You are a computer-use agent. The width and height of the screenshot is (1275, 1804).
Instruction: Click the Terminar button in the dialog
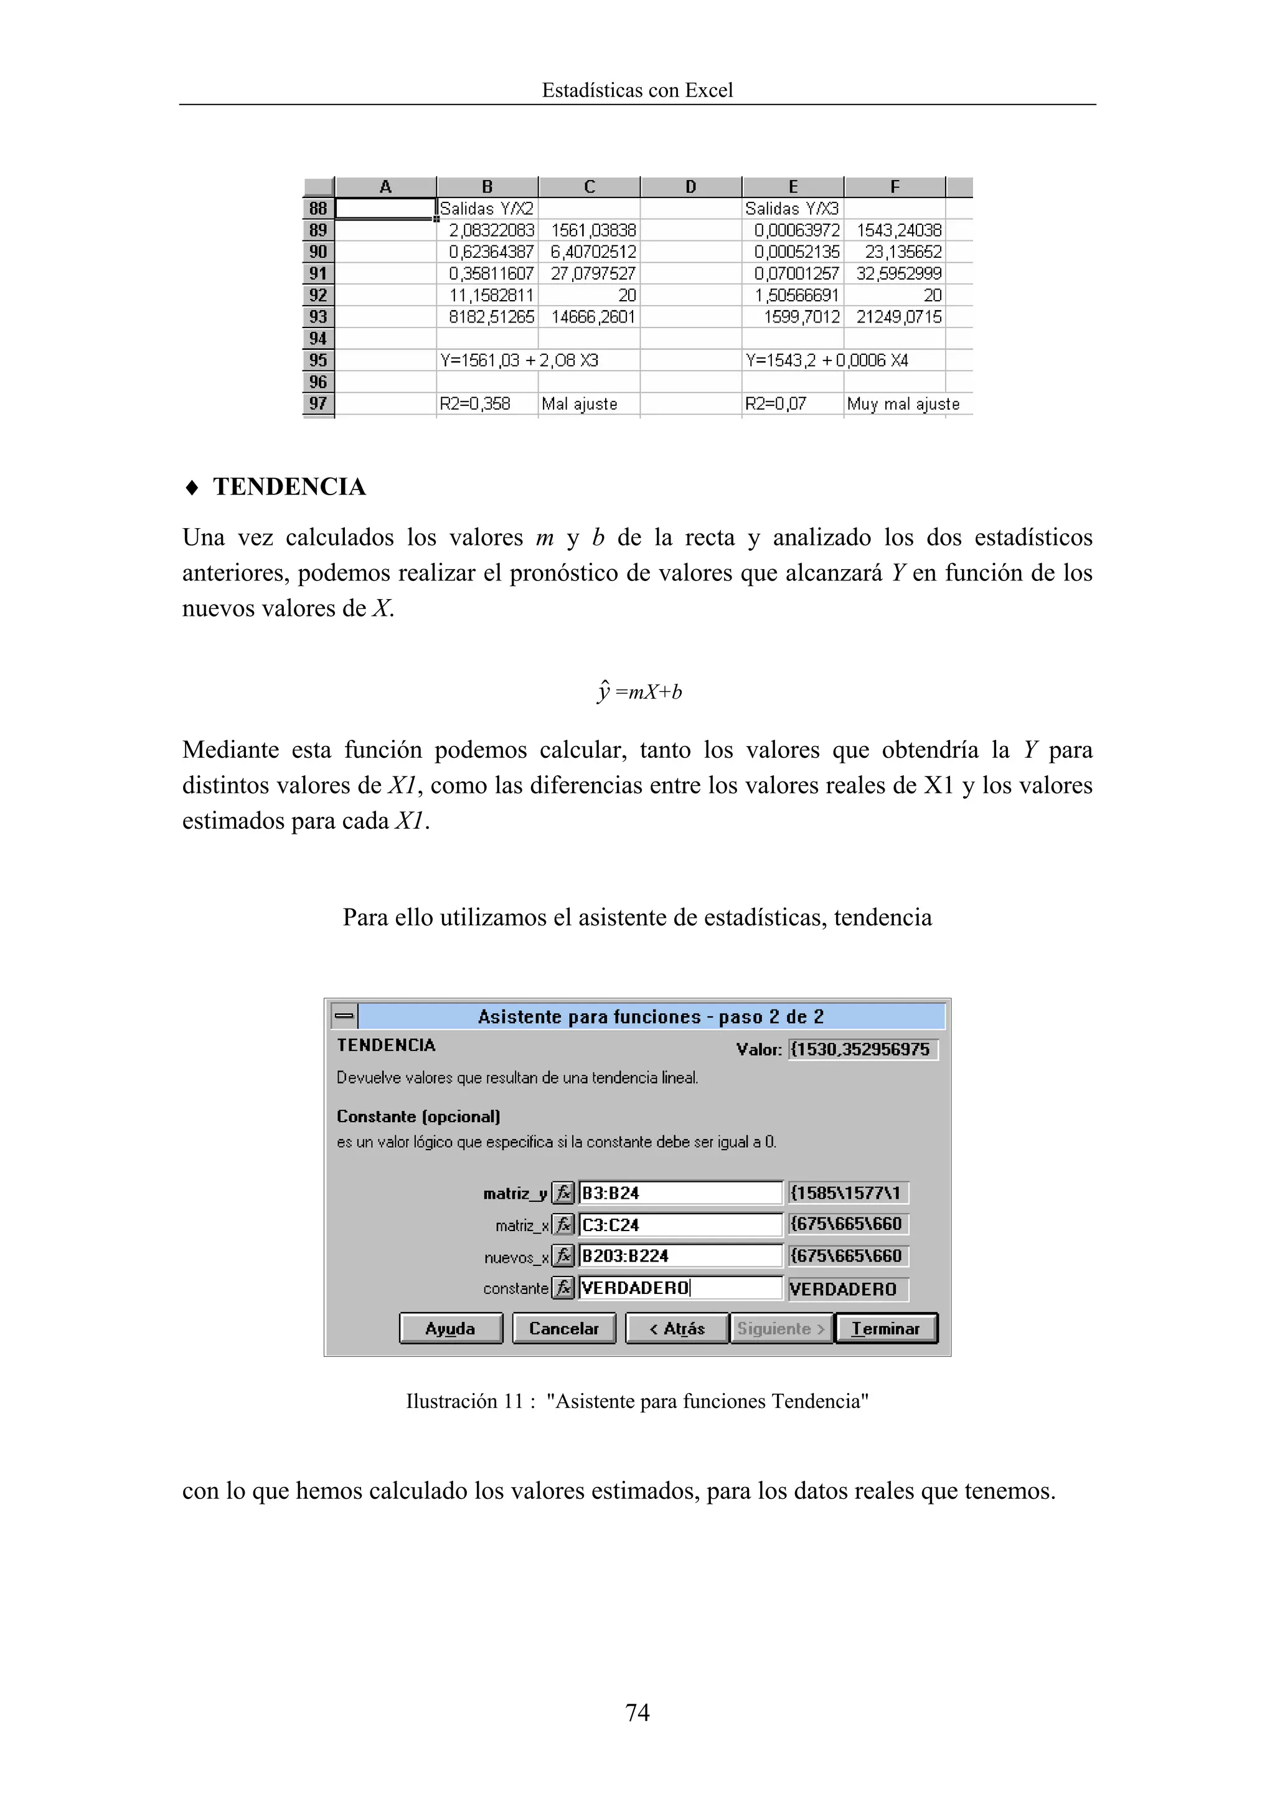(x=886, y=1329)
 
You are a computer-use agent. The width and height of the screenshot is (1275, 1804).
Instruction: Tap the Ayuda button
(x=450, y=1329)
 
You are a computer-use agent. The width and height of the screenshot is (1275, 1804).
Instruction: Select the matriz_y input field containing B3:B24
(x=680, y=1192)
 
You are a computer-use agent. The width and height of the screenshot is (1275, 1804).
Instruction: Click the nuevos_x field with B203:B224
(x=680, y=1255)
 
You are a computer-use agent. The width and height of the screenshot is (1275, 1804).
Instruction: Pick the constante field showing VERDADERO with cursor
(x=680, y=1288)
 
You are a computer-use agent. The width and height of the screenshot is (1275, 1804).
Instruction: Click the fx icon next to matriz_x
(x=563, y=1225)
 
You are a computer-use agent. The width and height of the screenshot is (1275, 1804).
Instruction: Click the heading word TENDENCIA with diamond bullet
(x=289, y=487)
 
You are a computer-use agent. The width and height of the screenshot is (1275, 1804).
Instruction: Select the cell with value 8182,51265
(x=489, y=316)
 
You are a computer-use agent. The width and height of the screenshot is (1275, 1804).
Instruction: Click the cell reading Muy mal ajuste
(x=903, y=404)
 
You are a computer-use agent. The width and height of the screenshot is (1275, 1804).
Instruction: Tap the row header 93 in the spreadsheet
(x=318, y=316)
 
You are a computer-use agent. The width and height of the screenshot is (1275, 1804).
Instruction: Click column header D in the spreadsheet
(x=690, y=187)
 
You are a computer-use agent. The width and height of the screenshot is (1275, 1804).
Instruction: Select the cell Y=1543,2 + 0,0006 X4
(x=826, y=361)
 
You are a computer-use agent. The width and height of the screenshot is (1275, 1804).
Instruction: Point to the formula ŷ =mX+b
(x=639, y=691)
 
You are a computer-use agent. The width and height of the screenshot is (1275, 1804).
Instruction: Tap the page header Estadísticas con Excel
(x=637, y=90)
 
